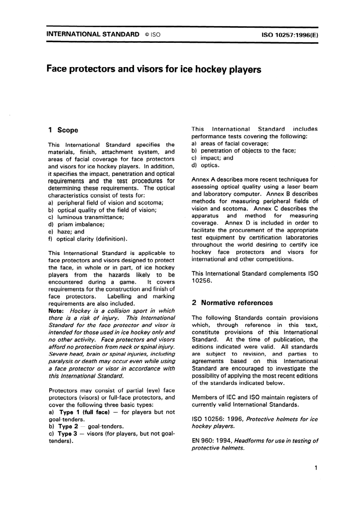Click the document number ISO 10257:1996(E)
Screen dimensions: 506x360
pyautogui.click(x=289, y=34)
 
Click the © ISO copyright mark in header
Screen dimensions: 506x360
pyautogui.click(x=152, y=34)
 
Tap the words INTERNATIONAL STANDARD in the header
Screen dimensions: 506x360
pyautogui.click(x=92, y=34)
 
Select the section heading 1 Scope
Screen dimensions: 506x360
pyautogui.click(x=63, y=130)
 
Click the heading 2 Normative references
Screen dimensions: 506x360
pyautogui.click(x=232, y=302)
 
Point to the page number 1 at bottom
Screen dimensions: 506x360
pyautogui.click(x=315, y=468)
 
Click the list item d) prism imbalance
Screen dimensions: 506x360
pyautogui.click(x=76, y=224)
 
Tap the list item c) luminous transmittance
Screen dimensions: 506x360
pyautogui.click(x=86, y=217)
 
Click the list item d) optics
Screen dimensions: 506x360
pyautogui.click(x=205, y=165)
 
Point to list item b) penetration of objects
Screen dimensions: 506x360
pyautogui.click(x=244, y=151)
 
